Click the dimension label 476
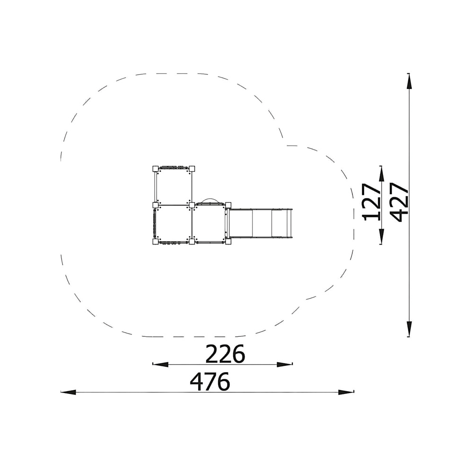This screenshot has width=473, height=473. point(210,382)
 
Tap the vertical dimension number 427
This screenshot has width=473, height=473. point(399,202)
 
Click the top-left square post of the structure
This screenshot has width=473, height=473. point(155,169)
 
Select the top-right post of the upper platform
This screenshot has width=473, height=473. point(192,169)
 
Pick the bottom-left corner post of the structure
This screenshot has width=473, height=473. point(155,242)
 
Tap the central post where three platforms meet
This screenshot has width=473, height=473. point(192,205)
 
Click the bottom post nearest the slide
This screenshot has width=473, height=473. point(228,242)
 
